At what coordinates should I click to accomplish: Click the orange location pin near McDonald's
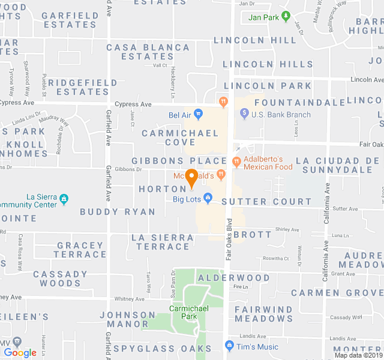192,177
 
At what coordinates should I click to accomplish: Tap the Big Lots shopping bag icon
208,197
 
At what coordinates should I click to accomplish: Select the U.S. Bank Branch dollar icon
244,114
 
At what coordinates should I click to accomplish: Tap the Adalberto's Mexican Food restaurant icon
236,161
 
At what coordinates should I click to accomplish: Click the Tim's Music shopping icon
229,346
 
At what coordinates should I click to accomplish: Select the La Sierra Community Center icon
64,198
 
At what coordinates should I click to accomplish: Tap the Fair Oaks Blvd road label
229,240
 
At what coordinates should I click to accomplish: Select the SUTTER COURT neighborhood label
266,202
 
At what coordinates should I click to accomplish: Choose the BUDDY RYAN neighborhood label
118,212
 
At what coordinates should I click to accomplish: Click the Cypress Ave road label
135,104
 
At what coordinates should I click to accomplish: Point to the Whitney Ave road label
129,299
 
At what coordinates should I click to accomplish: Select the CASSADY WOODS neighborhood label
60,278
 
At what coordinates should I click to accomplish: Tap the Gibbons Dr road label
128,169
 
